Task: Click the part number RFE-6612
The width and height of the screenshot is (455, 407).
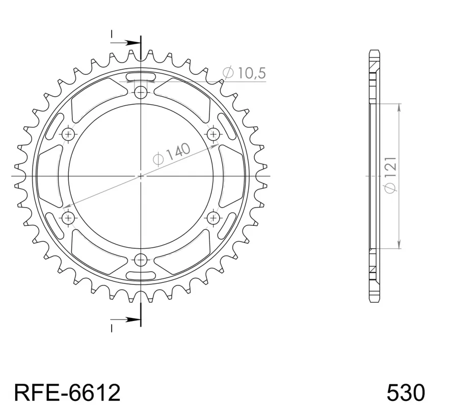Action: click(x=67, y=393)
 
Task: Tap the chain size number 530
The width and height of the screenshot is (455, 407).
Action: click(x=406, y=393)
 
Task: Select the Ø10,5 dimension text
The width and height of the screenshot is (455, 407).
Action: click(x=244, y=73)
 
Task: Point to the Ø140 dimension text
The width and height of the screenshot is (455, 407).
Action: click(x=172, y=154)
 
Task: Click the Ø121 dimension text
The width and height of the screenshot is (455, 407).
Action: click(x=390, y=175)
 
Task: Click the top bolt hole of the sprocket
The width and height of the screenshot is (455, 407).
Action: click(x=141, y=93)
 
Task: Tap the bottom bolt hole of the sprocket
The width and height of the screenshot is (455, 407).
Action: click(x=141, y=259)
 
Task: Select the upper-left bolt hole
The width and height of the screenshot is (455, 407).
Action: click(x=68, y=134)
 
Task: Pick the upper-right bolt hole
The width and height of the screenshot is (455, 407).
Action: click(x=213, y=134)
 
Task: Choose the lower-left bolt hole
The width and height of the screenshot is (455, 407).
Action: click(x=68, y=217)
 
